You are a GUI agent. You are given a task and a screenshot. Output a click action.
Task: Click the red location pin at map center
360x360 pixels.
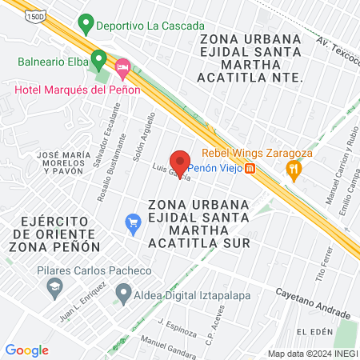pos(180,163)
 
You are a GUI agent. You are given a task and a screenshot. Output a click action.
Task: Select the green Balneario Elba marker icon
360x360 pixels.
pos(98,58)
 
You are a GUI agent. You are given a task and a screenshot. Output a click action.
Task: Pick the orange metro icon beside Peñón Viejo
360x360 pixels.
pos(250,169)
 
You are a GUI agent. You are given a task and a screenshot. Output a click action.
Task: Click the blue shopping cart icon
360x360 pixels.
pos(134,223)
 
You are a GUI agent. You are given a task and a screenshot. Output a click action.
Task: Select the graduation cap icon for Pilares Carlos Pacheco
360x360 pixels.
pos(54,287)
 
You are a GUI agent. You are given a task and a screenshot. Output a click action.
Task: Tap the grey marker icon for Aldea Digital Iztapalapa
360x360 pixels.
pos(123,295)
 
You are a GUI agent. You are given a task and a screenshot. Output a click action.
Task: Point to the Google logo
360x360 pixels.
pos(26,350)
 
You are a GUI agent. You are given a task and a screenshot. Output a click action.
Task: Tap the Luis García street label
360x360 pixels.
pos(170,173)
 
